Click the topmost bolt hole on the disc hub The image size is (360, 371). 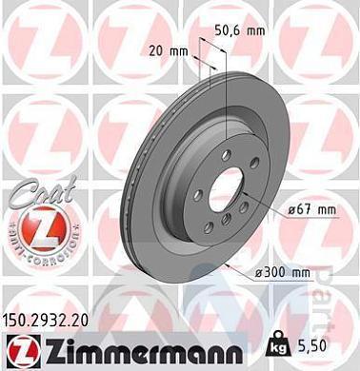226,154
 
